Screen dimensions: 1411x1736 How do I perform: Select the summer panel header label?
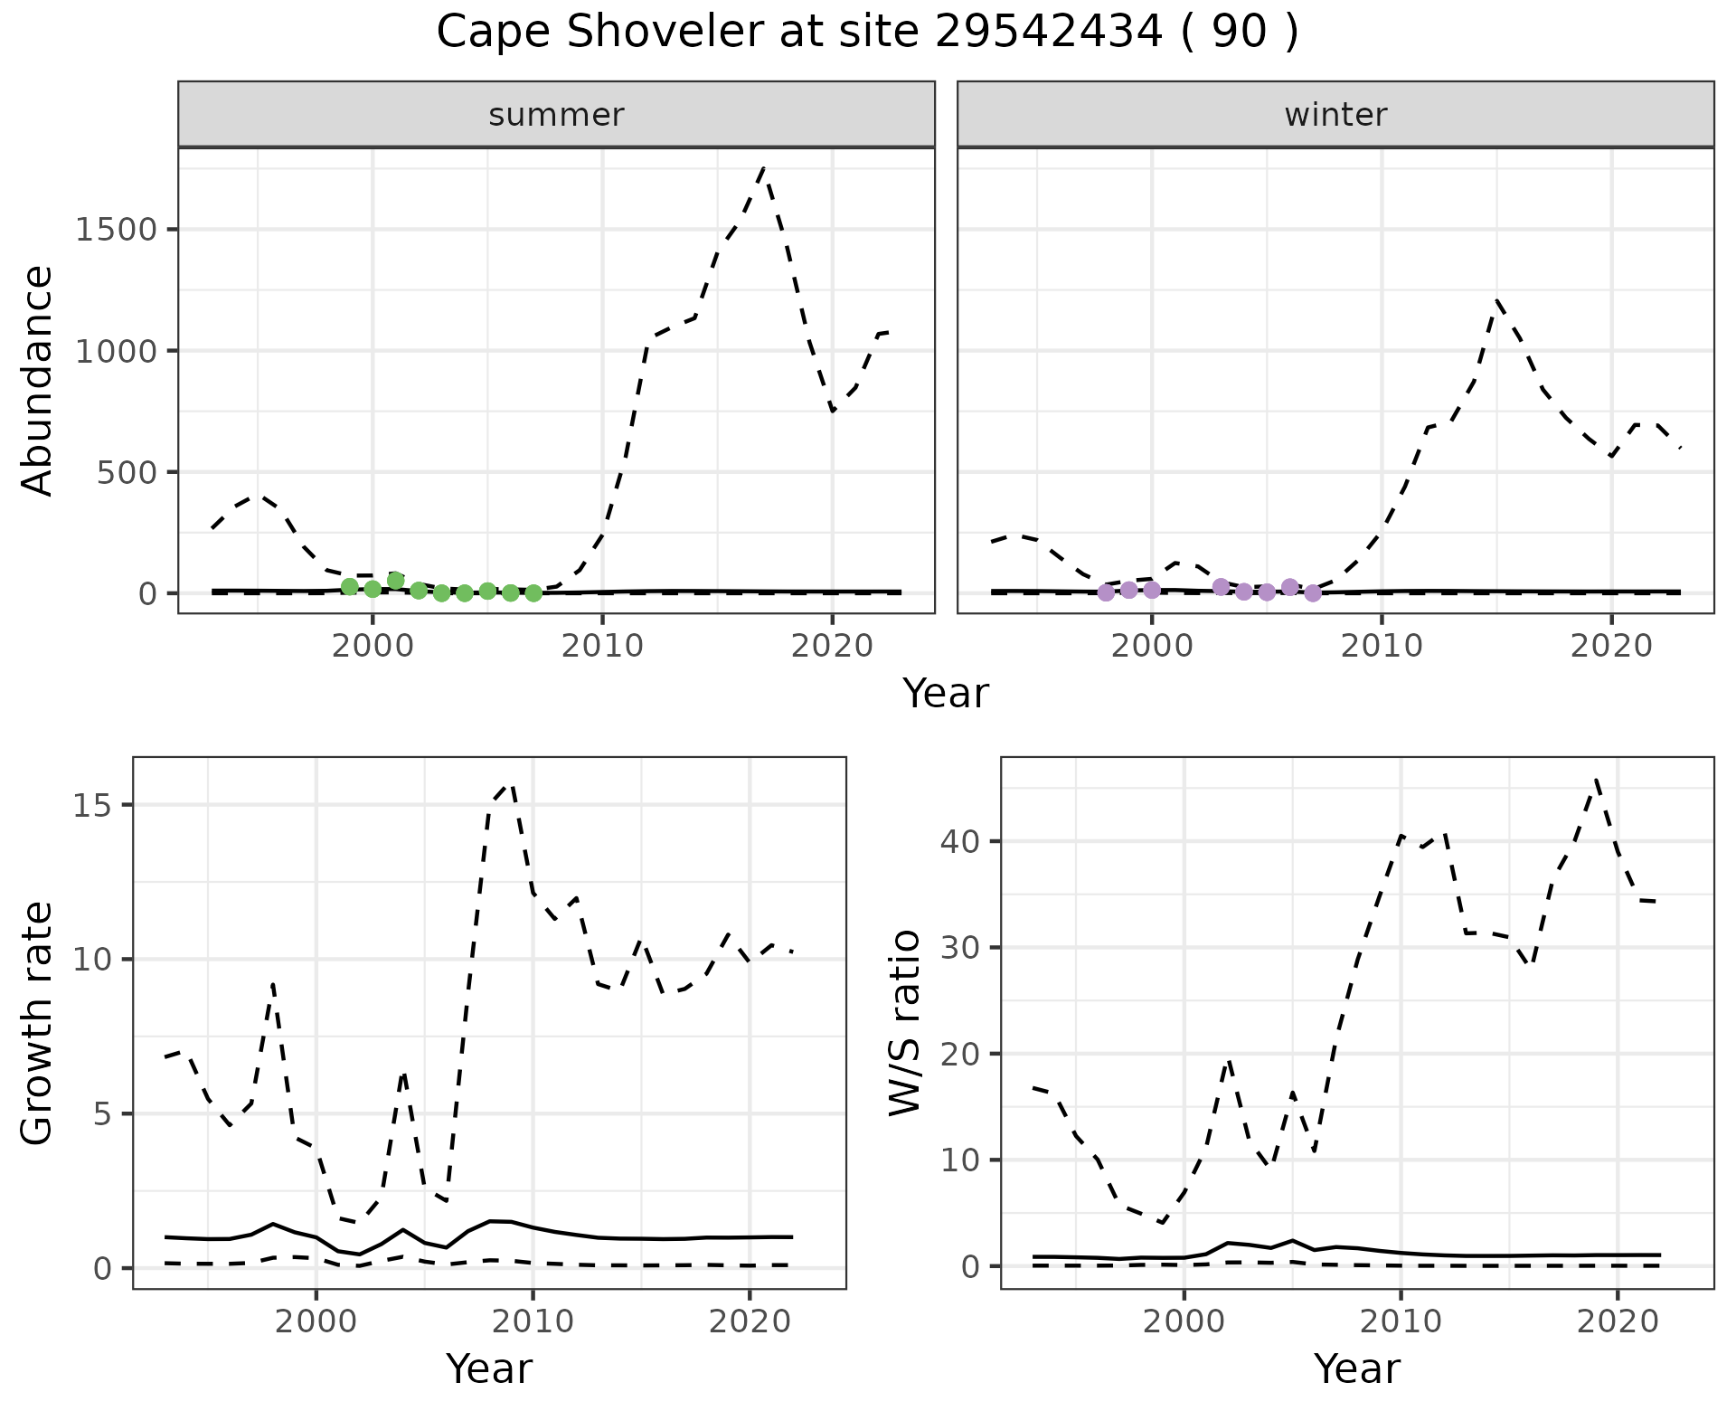(556, 115)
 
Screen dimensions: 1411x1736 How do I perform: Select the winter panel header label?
(1335, 115)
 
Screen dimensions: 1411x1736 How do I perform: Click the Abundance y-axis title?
(37, 380)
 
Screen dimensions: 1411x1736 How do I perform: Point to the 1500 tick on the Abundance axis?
(116, 230)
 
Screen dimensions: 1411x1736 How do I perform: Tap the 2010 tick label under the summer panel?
(601, 647)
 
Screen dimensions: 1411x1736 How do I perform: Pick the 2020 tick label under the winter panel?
(1610, 647)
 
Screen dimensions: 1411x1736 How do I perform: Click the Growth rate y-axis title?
(37, 1022)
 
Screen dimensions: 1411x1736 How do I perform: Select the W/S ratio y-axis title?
(904, 1022)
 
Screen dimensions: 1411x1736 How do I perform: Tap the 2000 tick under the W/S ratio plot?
(1184, 1321)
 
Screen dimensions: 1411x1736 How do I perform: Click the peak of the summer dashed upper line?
(764, 168)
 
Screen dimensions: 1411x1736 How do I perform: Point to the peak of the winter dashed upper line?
(1497, 300)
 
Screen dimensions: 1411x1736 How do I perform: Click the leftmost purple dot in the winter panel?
(1106, 592)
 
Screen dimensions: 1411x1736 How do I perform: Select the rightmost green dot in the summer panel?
(533, 593)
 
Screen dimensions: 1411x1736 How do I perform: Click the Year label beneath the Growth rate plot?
(489, 1368)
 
